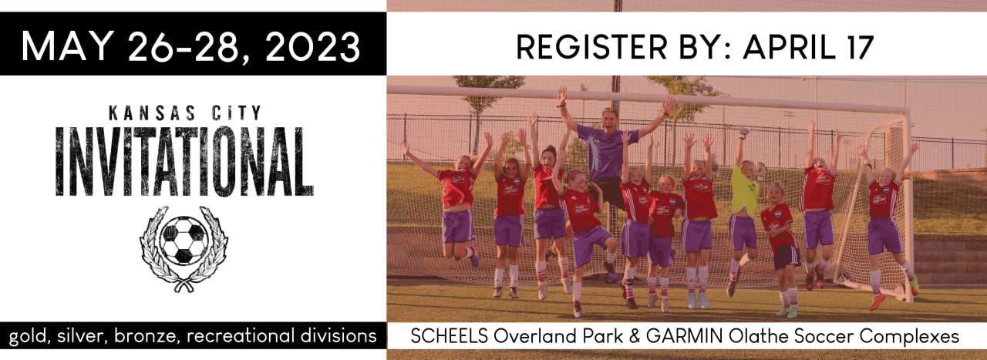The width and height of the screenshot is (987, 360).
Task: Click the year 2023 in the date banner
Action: coord(313,46)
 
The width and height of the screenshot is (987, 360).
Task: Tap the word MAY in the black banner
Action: coord(66,45)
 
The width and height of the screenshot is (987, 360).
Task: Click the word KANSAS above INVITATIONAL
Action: coord(152,113)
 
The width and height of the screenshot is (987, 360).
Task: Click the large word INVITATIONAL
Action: coord(184,161)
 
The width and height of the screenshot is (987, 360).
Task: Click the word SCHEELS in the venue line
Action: coord(449,336)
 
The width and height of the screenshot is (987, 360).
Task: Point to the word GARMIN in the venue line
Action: coord(684,336)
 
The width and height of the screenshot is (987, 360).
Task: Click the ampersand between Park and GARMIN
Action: coord(634,336)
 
